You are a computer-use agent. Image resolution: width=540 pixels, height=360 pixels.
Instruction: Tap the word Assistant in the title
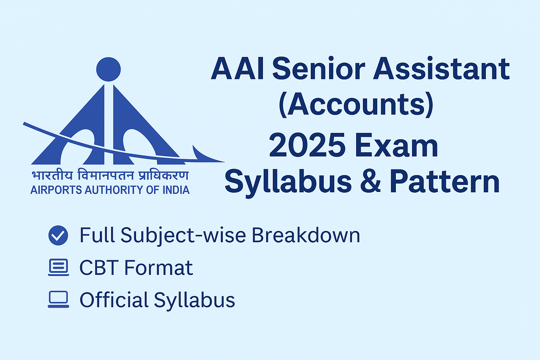(441, 69)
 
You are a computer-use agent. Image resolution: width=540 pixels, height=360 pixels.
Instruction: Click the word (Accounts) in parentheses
(356, 104)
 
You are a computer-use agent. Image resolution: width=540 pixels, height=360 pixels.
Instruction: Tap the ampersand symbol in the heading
(370, 182)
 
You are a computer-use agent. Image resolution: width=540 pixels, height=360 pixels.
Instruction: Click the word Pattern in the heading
(444, 182)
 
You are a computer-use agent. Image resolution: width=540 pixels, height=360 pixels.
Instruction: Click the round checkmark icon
(58, 235)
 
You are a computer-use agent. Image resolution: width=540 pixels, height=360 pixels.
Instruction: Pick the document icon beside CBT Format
(58, 268)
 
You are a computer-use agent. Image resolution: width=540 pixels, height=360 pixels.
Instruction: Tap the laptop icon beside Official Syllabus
(58, 300)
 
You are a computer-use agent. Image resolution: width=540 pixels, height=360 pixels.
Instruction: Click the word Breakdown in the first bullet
(306, 235)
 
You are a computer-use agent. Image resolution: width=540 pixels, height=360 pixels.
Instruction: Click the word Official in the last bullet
(114, 300)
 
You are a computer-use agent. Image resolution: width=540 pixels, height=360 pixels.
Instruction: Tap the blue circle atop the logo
(108, 69)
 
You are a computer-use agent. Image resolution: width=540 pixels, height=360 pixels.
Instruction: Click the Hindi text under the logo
(110, 175)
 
